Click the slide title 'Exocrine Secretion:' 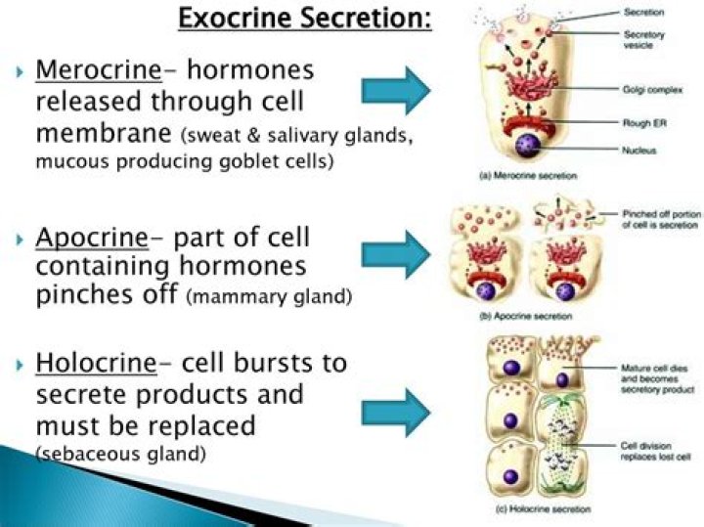tap(305, 18)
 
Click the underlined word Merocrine tap(93, 70)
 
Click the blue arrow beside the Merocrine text tap(396, 91)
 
